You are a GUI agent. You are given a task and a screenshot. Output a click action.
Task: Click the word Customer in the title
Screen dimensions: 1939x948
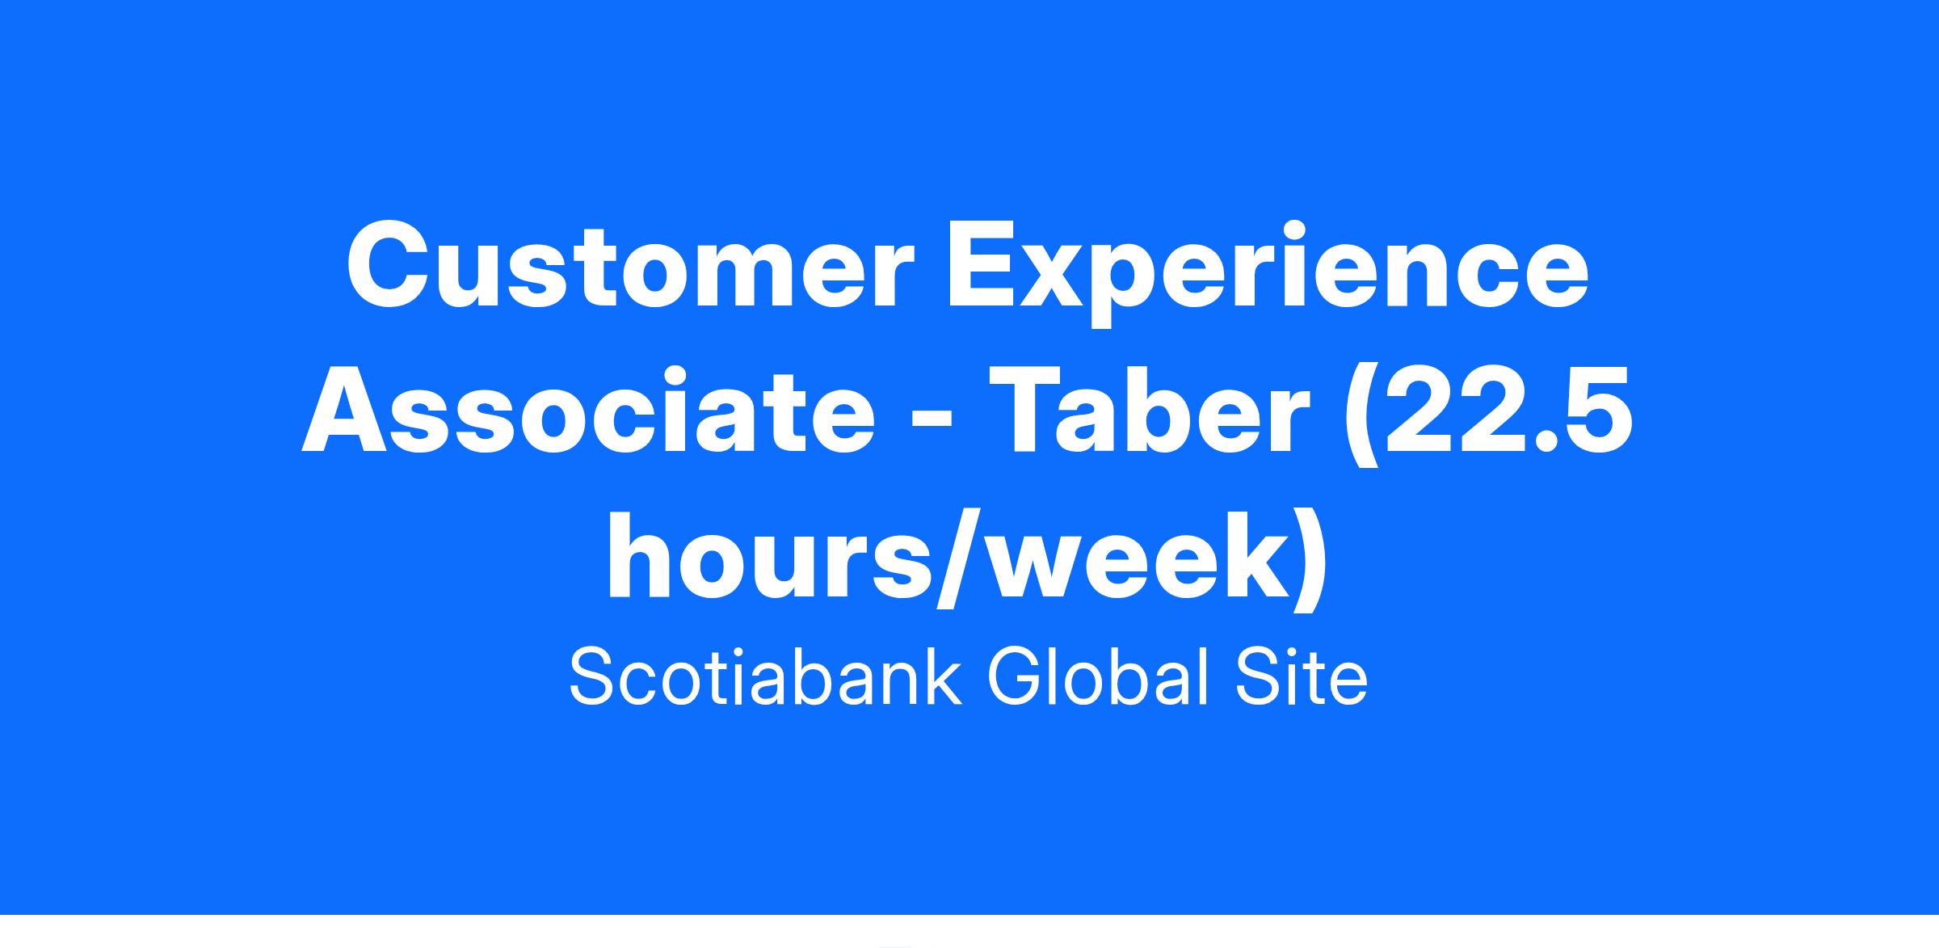(630, 267)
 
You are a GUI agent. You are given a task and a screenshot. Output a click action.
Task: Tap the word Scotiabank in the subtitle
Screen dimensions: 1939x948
(765, 677)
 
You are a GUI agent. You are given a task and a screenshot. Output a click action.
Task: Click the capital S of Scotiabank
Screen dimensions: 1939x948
(596, 677)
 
